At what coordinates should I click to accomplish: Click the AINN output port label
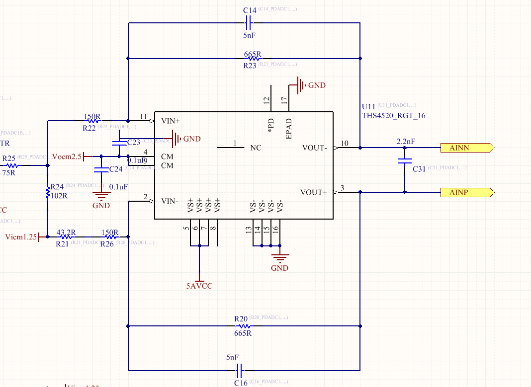(466, 148)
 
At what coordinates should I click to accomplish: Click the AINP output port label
(466, 192)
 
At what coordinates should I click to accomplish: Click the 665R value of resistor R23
(253, 54)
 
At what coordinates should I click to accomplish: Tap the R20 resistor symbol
(241, 326)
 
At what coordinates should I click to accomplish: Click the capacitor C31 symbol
(405, 161)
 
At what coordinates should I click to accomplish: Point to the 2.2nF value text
(406, 142)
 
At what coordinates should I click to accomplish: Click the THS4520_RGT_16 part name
(393, 115)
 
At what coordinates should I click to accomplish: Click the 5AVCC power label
(199, 286)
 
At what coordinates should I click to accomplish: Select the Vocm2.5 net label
(66, 156)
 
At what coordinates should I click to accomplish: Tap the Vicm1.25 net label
(20, 237)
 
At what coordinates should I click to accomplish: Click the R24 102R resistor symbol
(48, 192)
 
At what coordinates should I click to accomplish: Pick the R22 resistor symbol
(92, 121)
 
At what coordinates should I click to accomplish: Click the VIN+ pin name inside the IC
(171, 121)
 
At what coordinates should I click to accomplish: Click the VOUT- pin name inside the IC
(315, 148)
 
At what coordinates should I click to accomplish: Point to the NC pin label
(256, 148)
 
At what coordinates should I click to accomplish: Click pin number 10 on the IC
(344, 144)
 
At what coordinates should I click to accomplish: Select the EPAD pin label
(289, 128)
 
